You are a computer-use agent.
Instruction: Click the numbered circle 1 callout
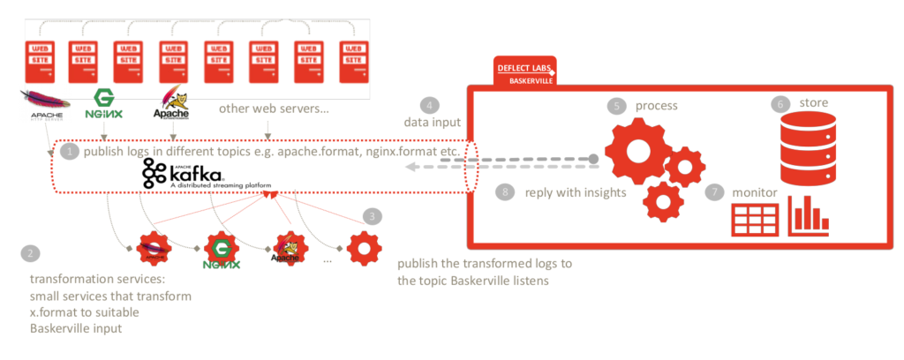[70, 152]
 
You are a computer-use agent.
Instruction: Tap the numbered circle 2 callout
[31, 253]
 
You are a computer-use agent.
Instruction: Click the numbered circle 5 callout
[615, 106]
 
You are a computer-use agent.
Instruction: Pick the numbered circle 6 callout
[779, 104]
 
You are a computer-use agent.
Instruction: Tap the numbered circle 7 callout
[715, 191]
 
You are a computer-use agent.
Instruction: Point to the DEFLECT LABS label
[525, 67]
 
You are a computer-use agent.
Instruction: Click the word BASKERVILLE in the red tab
[532, 80]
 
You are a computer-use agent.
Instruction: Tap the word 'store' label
[813, 103]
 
